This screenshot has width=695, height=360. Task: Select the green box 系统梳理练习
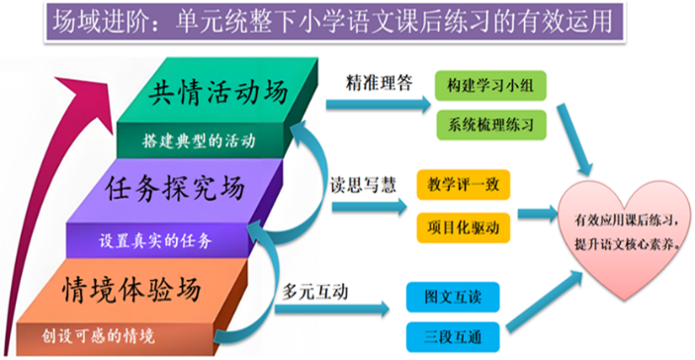(490, 125)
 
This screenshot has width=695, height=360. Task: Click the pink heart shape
(620, 226)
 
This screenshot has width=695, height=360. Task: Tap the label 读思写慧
(362, 184)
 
